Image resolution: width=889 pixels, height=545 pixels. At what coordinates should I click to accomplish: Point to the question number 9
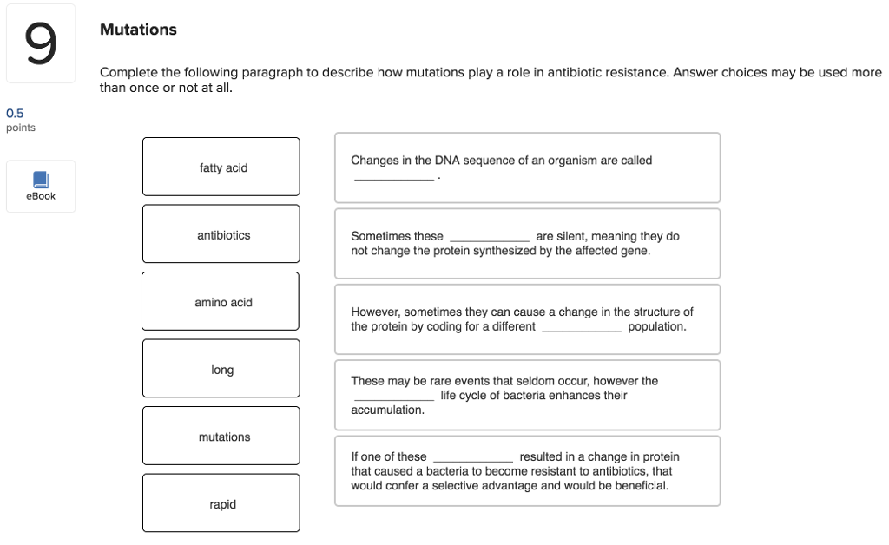click(40, 43)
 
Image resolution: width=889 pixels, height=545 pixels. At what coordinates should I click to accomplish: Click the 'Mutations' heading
click(138, 30)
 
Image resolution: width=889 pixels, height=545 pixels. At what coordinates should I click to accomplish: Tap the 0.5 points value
click(15, 113)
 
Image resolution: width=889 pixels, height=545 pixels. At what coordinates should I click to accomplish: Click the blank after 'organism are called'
click(394, 177)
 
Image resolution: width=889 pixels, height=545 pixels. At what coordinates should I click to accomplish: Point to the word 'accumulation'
click(387, 410)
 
